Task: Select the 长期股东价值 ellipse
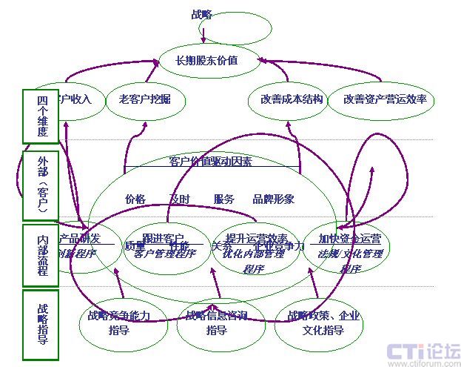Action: pos(207,61)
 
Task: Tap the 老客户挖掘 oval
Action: pos(139,99)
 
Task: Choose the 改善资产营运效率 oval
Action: pos(385,99)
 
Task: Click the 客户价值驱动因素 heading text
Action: pos(210,161)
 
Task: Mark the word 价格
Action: pos(135,199)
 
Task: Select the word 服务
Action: pos(223,199)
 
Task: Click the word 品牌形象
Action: pos(273,199)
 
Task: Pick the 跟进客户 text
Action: pos(164,238)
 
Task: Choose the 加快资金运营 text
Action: pos(349,239)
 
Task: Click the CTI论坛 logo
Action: pos(423,350)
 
